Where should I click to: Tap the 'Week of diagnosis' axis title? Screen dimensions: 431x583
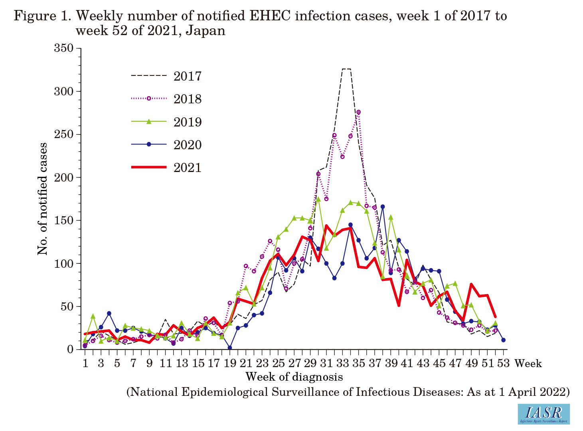tap(294, 377)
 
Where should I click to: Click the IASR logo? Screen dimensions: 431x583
tap(543, 414)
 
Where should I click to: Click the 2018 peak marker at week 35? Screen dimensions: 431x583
tap(358, 112)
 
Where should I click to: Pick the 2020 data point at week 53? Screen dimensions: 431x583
tap(504, 340)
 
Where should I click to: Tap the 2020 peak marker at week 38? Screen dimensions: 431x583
tap(383, 207)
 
